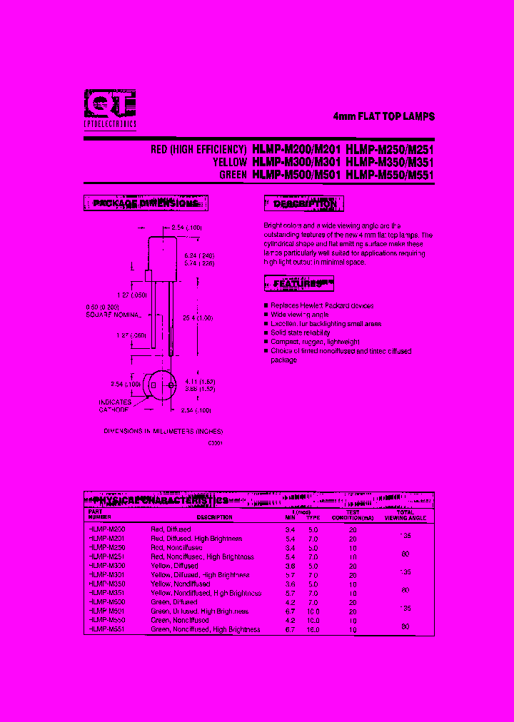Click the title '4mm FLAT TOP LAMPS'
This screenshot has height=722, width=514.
tap(384, 116)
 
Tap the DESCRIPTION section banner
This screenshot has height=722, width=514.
tap(304, 205)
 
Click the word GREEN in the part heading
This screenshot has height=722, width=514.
tap(233, 174)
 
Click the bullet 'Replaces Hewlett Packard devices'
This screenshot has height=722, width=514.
tap(321, 305)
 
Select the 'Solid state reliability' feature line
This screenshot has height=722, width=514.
tap(300, 332)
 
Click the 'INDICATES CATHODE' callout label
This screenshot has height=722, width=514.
tap(115, 406)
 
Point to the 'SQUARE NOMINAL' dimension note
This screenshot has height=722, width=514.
tap(113, 315)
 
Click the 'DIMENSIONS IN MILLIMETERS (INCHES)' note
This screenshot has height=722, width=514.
tap(163, 431)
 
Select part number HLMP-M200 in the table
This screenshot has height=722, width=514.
tap(106, 529)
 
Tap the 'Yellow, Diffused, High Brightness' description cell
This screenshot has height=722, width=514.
tap(201, 574)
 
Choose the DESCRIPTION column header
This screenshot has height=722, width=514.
tap(215, 517)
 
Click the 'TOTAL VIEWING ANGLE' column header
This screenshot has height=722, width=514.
tap(405, 515)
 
